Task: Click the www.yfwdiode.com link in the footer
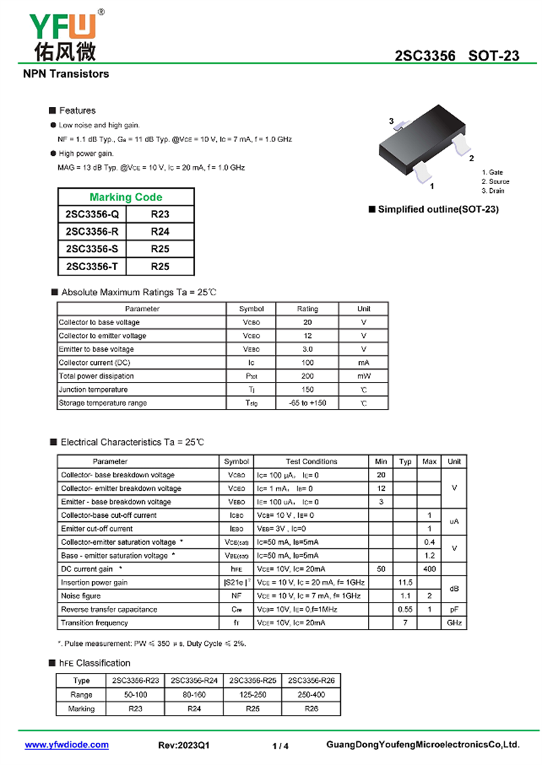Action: tap(66, 745)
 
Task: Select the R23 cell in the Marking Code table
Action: tap(160, 215)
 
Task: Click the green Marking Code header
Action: tap(126, 197)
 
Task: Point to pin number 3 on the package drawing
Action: tap(392, 121)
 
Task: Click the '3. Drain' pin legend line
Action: tap(493, 191)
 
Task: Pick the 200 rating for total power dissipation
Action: tap(308, 376)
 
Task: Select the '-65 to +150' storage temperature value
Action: tap(308, 403)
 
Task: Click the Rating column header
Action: tap(308, 309)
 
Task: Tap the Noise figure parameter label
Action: tap(81, 596)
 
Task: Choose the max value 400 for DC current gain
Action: tap(430, 569)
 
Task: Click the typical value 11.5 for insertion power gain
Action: tap(405, 582)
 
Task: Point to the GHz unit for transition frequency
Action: tap(454, 623)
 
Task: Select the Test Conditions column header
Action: tap(312, 462)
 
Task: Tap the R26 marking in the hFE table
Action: tap(311, 709)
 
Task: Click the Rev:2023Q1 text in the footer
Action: tap(184, 745)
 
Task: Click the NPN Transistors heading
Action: tap(66, 73)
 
